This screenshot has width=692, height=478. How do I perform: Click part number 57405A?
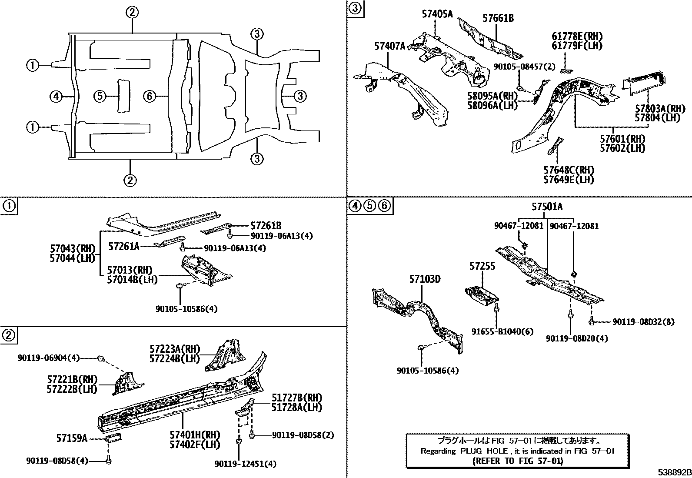[437, 14]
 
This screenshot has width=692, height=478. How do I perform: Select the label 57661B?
[498, 18]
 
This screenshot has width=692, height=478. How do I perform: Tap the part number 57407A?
[389, 46]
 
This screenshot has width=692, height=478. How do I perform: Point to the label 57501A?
[546, 207]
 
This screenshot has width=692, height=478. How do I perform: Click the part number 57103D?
[424, 279]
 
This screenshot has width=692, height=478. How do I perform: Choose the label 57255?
[482, 266]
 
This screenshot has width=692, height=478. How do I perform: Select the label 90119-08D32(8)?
[643, 322]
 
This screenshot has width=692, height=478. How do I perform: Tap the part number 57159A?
[71, 438]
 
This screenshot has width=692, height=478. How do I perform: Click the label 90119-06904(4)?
[49, 358]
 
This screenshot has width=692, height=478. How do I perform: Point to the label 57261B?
[266, 225]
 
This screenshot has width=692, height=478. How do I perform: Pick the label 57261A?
[123, 247]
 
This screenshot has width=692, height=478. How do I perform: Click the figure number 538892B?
[674, 472]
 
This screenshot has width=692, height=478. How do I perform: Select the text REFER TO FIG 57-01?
[517, 461]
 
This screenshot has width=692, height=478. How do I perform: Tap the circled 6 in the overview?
[149, 96]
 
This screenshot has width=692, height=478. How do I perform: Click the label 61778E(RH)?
[577, 36]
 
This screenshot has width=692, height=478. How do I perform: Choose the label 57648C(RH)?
[569, 170]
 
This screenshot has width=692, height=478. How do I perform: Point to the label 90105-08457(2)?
[524, 67]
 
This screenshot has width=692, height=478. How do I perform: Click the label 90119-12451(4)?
[245, 464]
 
